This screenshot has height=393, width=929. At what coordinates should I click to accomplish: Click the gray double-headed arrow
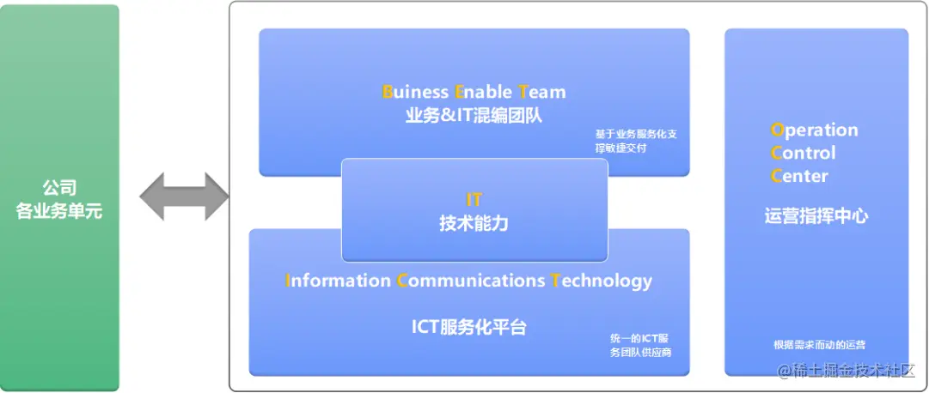point(184,196)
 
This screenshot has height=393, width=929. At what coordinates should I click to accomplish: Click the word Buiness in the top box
point(415,92)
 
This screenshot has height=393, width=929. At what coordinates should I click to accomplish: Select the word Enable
point(483,92)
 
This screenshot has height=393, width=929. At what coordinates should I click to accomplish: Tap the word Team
point(542,92)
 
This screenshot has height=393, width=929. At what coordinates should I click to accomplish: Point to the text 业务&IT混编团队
point(474,116)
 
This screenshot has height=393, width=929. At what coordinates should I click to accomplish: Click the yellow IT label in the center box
point(474,199)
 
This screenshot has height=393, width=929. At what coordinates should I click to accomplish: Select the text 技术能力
point(474,224)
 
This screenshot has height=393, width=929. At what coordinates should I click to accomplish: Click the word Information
point(338,280)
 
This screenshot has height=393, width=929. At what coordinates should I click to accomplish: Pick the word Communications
point(471,280)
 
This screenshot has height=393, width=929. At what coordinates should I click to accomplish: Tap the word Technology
point(602,281)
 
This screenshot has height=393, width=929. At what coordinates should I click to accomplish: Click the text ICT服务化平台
point(469,327)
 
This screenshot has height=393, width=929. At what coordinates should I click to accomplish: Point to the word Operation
point(814,130)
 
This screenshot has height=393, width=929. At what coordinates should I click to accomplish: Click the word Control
point(803,153)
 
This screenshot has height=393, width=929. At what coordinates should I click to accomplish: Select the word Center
point(799,176)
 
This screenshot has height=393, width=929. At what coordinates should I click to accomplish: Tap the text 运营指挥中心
point(816,216)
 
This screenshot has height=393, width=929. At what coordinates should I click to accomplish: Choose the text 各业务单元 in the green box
point(59,211)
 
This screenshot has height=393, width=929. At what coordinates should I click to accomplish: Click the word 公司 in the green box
point(59,188)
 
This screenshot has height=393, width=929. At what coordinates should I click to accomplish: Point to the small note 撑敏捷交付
point(620,148)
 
